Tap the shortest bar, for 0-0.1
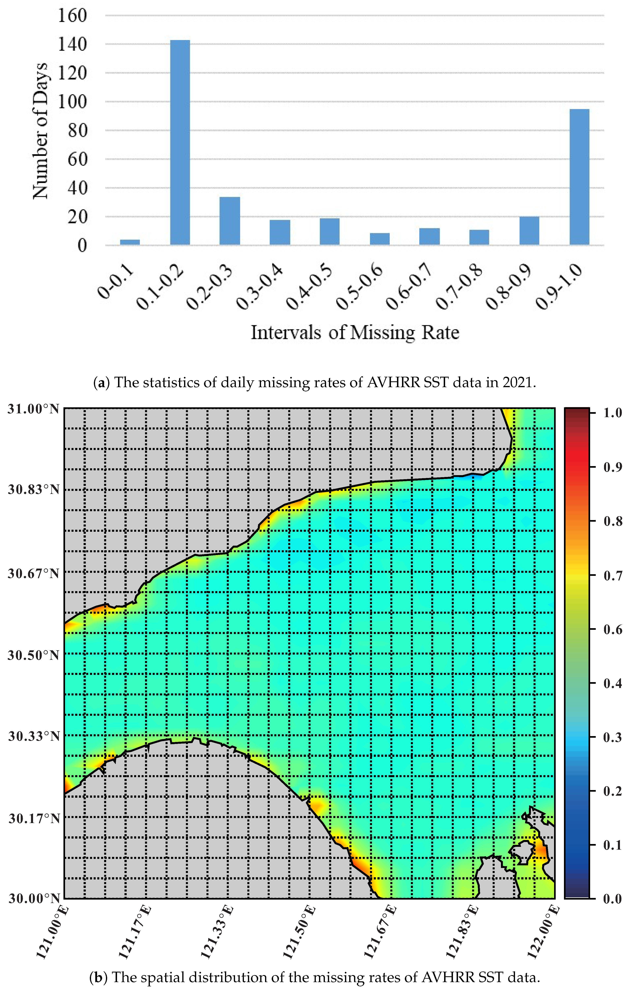[130, 242]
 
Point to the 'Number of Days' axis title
[40, 131]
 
